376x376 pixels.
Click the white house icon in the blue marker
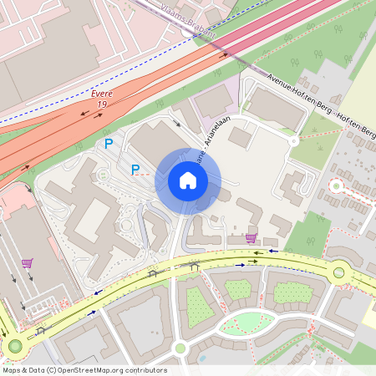pyautogui.click(x=188, y=180)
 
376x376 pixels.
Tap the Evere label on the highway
pyautogui.click(x=102, y=94)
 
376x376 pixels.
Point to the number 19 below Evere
pyautogui.click(x=101, y=104)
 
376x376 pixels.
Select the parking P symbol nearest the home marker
pyautogui.click(x=135, y=170)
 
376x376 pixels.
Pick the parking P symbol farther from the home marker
pyautogui.click(x=108, y=144)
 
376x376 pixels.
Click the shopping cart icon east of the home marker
pyautogui.click(x=251, y=238)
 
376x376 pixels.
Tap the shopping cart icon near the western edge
pyautogui.click(x=27, y=264)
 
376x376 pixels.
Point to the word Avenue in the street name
pyautogui.click(x=285, y=86)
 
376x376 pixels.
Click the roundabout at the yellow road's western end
pyautogui.click(x=14, y=346)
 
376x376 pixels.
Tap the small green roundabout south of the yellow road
pyautogui.click(x=180, y=348)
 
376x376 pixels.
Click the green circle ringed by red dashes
pyautogui.click(x=337, y=185)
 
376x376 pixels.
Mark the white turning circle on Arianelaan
pyautogui.click(x=294, y=141)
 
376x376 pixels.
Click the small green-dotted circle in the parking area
pyautogui.click(x=103, y=175)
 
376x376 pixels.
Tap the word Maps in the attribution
pyautogui.click(x=12, y=369)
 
